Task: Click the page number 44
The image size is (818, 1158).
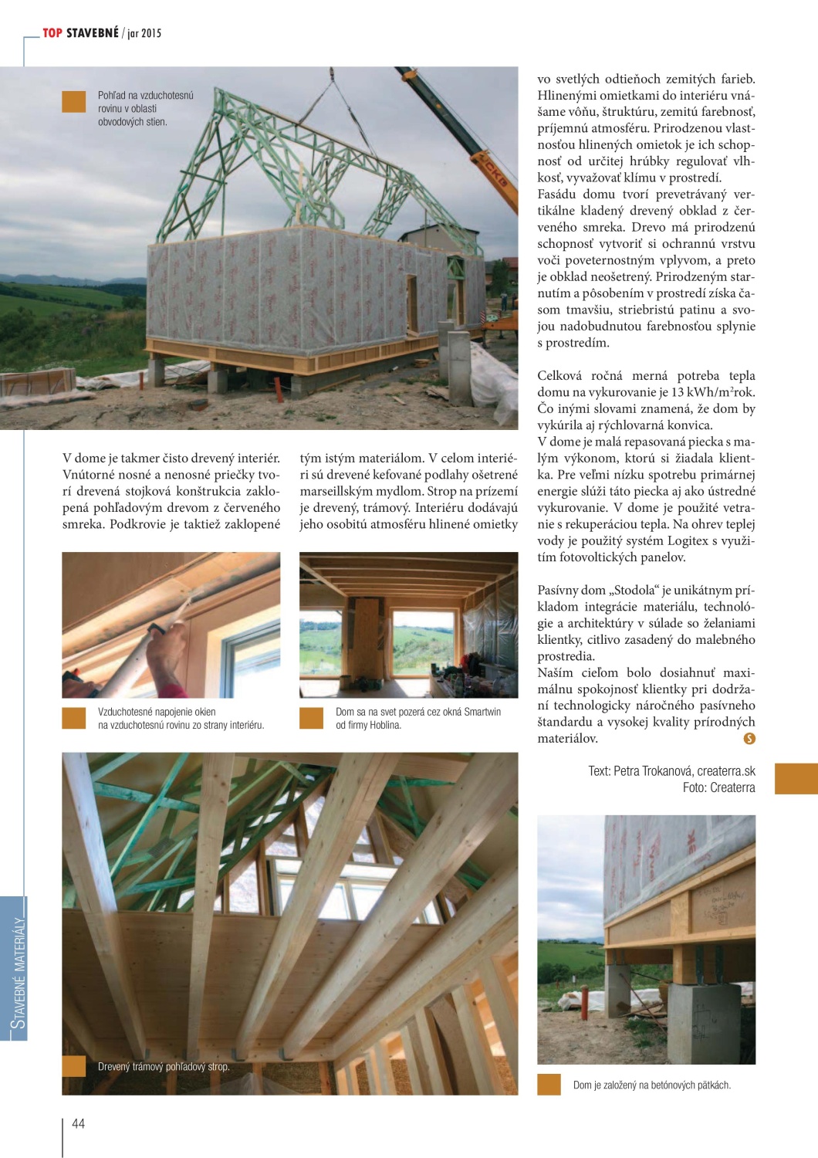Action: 78,1123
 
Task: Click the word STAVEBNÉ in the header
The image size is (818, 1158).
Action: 93,32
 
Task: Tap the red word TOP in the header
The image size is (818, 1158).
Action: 52,32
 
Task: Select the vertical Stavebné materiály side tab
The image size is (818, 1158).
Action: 19,971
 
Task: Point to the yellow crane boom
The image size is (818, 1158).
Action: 463,139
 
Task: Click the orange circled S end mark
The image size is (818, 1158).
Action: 749,739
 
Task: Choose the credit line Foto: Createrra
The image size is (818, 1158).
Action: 718,787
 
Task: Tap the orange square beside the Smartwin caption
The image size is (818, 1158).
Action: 311,718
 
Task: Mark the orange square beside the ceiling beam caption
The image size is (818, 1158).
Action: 74,1066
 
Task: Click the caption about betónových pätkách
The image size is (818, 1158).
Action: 651,1085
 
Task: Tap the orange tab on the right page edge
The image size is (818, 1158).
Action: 796,778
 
